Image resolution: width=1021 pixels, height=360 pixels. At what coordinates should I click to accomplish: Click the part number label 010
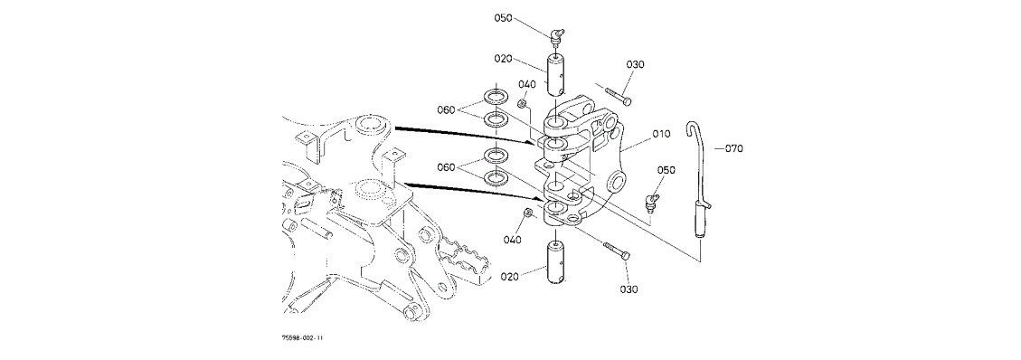tap(661, 135)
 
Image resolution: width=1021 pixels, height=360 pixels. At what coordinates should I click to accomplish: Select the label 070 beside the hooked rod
tap(733, 148)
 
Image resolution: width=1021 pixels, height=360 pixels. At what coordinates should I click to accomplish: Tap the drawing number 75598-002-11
tap(302, 338)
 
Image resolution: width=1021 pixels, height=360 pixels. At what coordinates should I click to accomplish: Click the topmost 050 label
tap(503, 17)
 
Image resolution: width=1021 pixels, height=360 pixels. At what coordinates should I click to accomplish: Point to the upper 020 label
tap(503, 59)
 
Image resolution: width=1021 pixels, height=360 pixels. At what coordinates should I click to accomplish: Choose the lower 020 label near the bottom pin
tap(510, 276)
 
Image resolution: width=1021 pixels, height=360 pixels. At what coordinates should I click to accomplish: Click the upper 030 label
tap(636, 64)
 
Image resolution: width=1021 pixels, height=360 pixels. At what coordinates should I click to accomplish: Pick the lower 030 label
tap(629, 289)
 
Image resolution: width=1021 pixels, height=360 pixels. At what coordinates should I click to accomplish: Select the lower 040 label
tap(513, 240)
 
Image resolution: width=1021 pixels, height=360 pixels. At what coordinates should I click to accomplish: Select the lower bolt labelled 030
tap(616, 251)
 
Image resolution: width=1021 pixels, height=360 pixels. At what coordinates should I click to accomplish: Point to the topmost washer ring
tap(496, 99)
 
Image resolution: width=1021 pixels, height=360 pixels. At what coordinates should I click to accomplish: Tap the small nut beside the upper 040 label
tap(522, 103)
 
